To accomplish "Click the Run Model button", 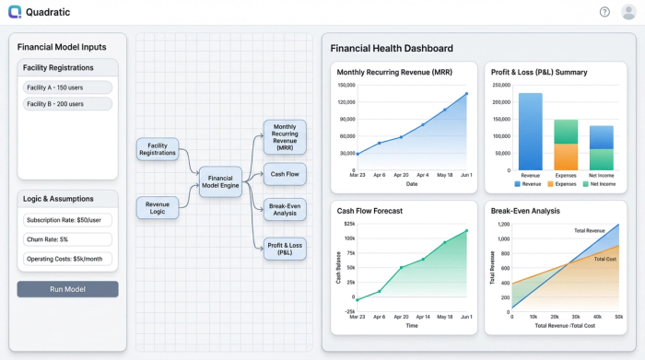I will pyautogui.click(x=67, y=289).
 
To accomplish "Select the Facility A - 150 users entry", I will pyautogui.click(x=67, y=87).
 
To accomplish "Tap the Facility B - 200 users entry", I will pyautogui.click(x=67, y=104).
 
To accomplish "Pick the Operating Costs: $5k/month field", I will pyautogui.click(x=67, y=258).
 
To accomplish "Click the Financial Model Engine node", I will pyautogui.click(x=221, y=181).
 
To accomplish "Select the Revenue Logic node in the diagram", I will pyautogui.click(x=158, y=209).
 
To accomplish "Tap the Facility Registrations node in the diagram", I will pyautogui.click(x=158, y=149).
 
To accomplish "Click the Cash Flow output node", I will pyautogui.click(x=284, y=174).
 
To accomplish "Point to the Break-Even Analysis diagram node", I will pyautogui.click(x=284, y=209).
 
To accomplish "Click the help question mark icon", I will pyautogui.click(x=604, y=12).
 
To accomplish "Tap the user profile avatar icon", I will pyautogui.click(x=628, y=12).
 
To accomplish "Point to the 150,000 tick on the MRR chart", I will pyautogui.click(x=346, y=86).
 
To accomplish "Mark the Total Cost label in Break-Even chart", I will pyautogui.click(x=604, y=259).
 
